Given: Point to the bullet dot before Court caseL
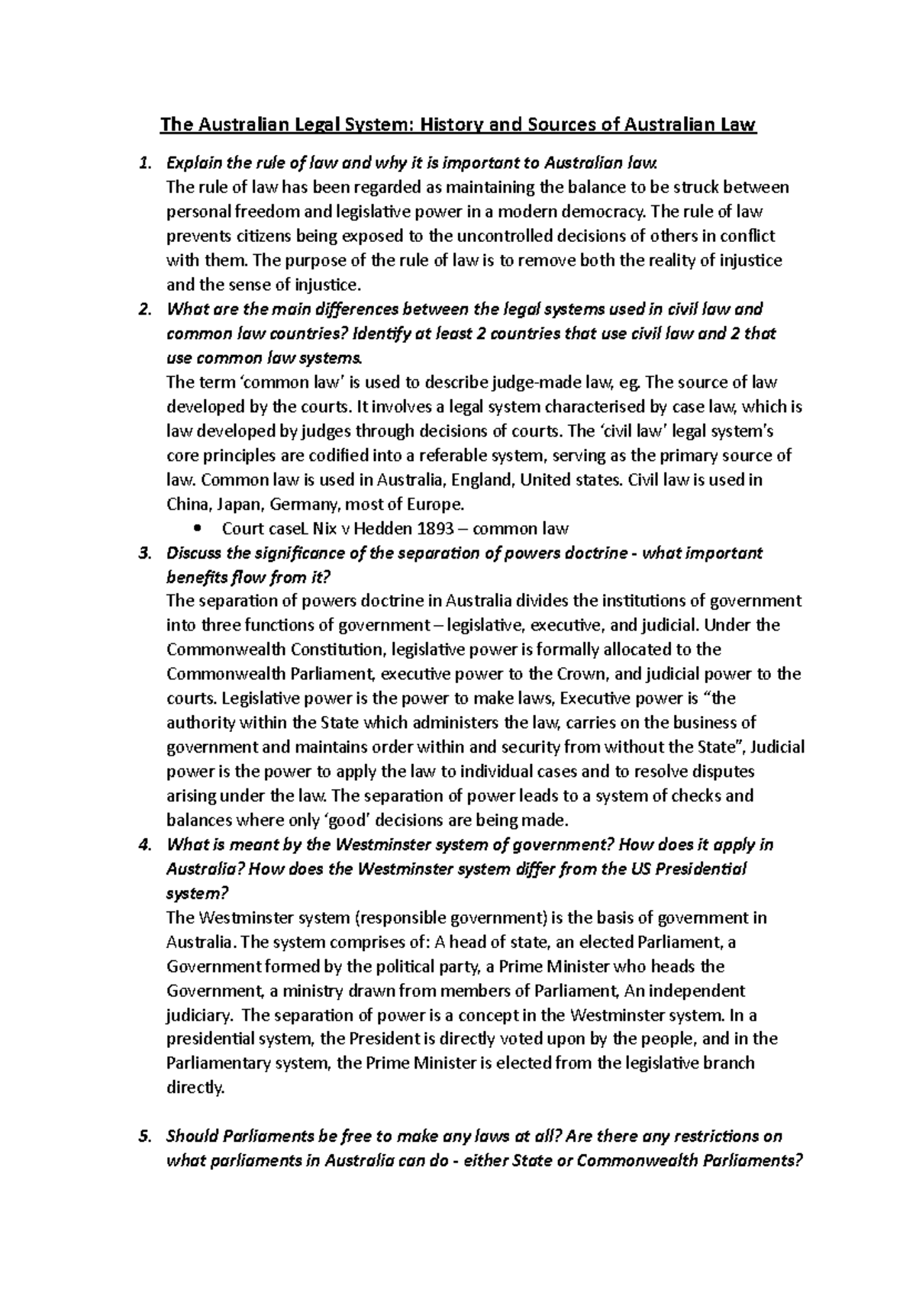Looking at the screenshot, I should (x=199, y=529).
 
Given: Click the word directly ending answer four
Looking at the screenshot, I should (x=195, y=1088).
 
